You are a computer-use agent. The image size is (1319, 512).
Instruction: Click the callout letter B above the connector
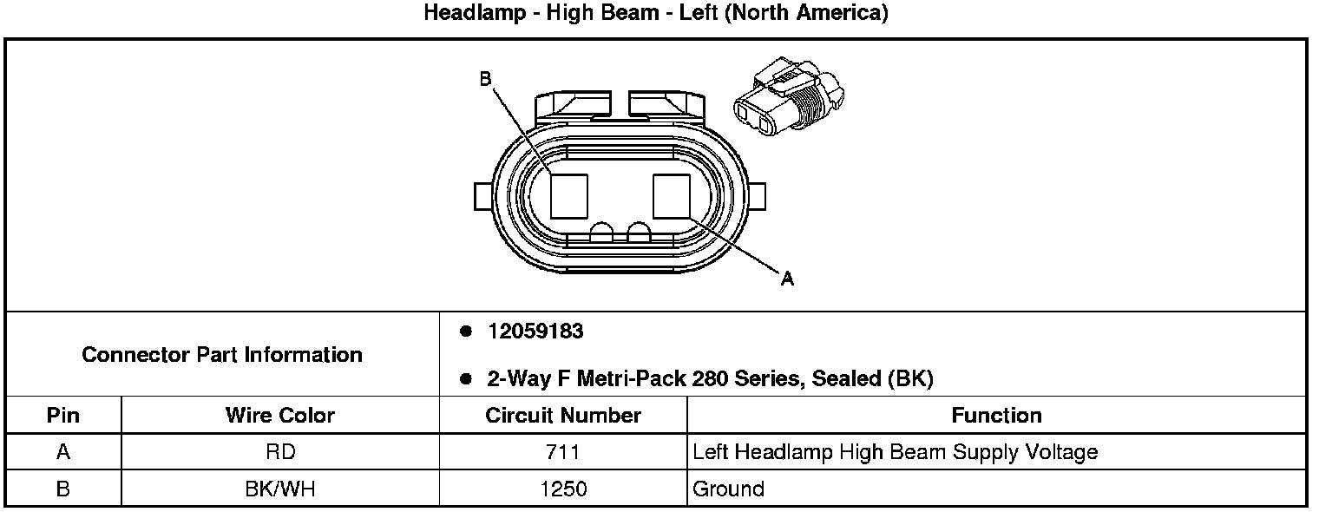click(486, 79)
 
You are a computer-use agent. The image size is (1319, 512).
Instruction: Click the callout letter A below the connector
click(787, 279)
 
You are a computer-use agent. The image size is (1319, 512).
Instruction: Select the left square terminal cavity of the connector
click(569, 195)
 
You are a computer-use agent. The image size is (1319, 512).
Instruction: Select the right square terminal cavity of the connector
click(671, 195)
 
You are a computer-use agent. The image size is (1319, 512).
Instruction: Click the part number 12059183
click(535, 331)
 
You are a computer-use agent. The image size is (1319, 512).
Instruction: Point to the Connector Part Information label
click(222, 355)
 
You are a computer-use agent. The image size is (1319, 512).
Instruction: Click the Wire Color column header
click(279, 416)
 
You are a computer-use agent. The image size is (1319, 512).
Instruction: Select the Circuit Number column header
click(563, 416)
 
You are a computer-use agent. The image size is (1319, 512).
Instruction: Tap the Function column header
click(996, 416)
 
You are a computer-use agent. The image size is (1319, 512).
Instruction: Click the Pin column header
click(63, 416)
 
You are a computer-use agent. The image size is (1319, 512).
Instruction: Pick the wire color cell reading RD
click(279, 452)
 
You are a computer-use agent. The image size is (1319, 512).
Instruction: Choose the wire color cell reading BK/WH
click(279, 489)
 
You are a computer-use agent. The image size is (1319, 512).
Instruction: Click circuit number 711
click(563, 452)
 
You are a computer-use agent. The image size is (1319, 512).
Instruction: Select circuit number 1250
click(563, 489)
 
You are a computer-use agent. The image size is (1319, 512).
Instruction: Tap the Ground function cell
click(728, 489)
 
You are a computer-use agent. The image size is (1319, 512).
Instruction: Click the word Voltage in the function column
click(1060, 452)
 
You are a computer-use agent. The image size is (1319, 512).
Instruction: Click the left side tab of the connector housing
click(483, 195)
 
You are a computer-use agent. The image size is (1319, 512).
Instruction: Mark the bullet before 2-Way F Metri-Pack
click(466, 378)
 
